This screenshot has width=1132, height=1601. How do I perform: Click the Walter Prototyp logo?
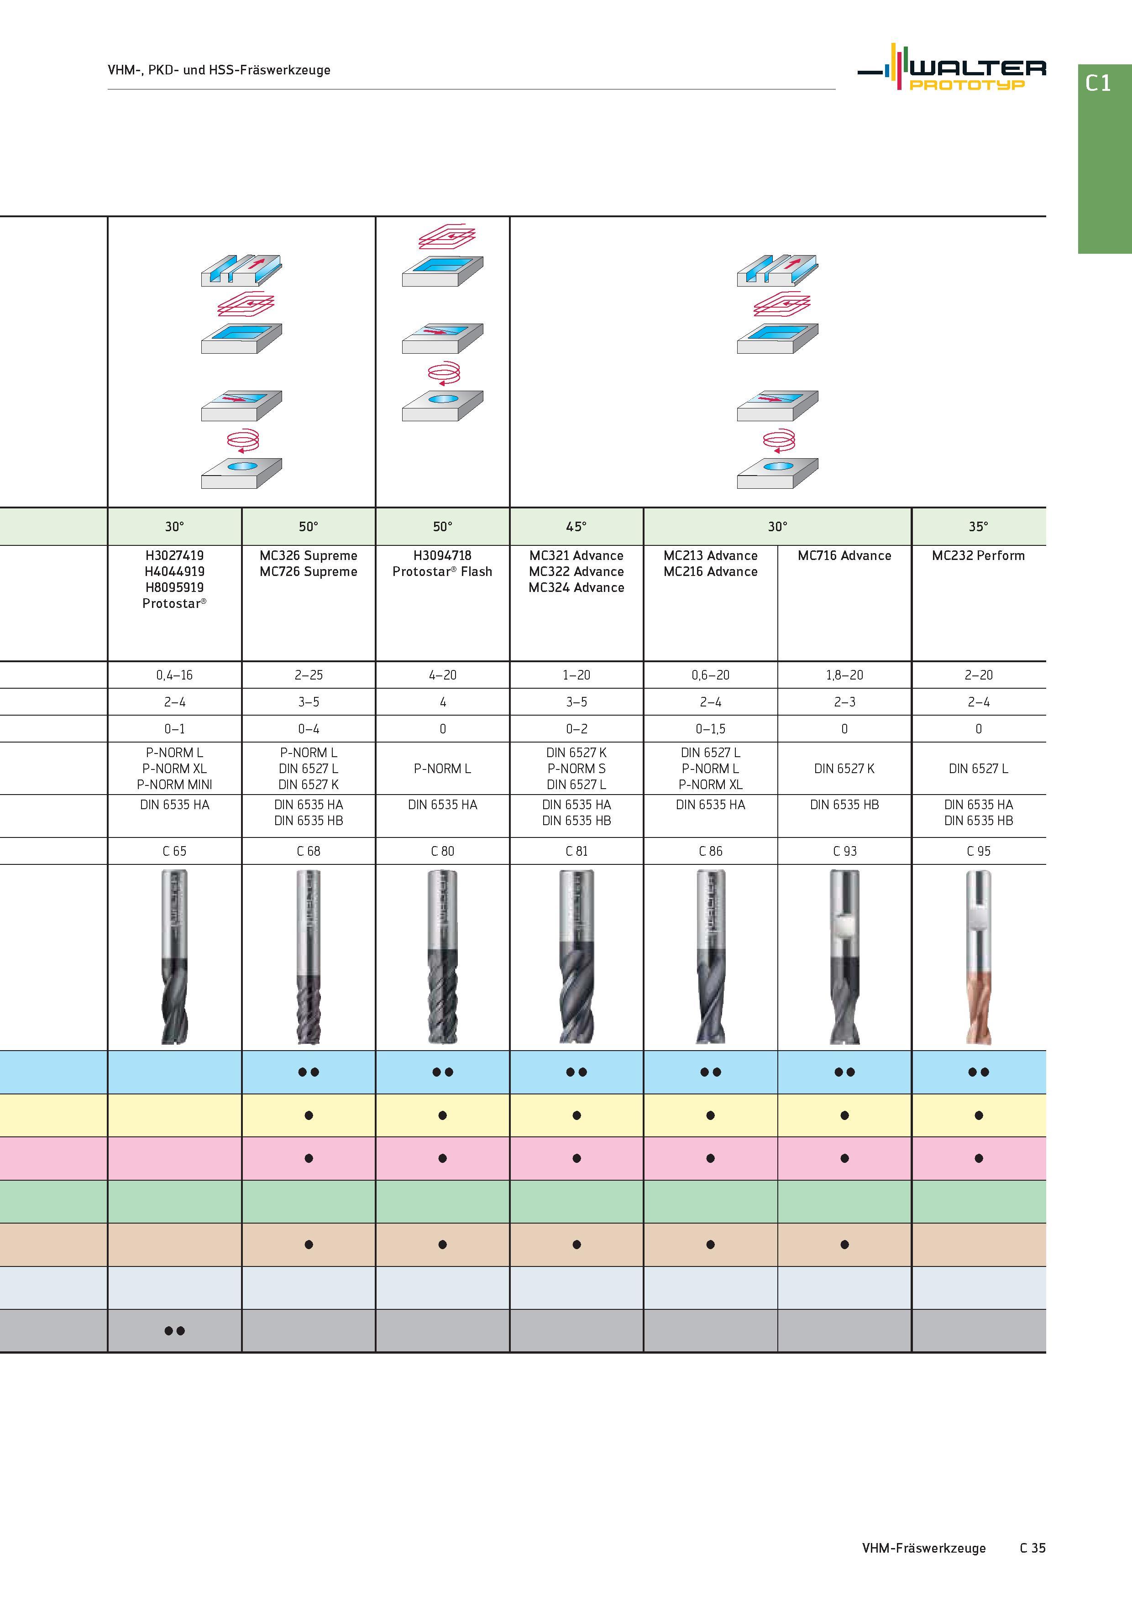(951, 68)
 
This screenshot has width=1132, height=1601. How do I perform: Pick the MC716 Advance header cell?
(844, 556)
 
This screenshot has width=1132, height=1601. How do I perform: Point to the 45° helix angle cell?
(576, 527)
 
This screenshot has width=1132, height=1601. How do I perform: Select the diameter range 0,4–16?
(174, 675)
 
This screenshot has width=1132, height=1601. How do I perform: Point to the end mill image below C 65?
(174, 957)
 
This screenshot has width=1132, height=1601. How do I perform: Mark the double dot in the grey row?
(174, 1330)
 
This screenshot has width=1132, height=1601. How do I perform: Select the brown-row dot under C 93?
(844, 1245)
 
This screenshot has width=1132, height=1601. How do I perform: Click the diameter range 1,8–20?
(844, 675)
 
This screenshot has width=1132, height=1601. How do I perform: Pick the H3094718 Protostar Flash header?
(442, 564)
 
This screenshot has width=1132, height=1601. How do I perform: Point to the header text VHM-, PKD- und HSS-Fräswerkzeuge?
(219, 70)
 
